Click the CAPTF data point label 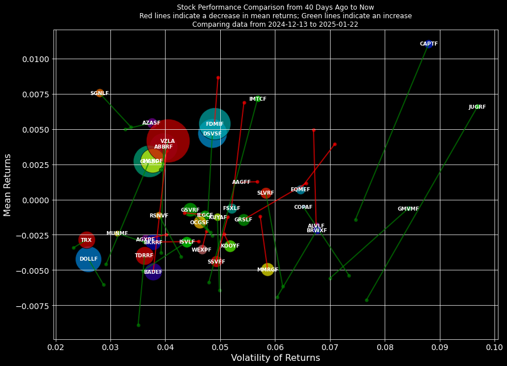(428, 44)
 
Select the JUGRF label (477, 107)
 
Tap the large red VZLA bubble (168, 141)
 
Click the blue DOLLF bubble (88, 259)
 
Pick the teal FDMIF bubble (215, 124)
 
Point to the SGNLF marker (100, 93)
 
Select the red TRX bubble (86, 240)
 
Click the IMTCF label (257, 99)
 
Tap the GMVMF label (408, 209)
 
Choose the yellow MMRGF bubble (267, 270)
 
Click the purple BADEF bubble (153, 272)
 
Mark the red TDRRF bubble (145, 256)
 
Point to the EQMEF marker (300, 190)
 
